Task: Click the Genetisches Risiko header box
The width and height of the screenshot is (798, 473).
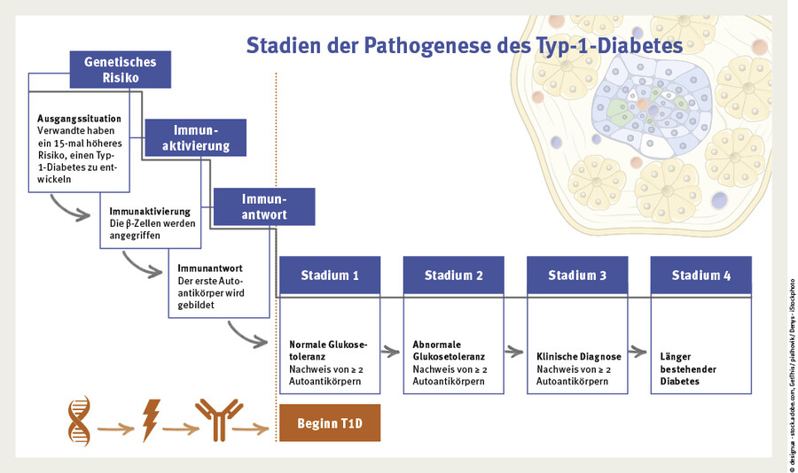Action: (x=121, y=70)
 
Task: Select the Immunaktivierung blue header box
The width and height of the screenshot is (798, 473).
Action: (x=195, y=137)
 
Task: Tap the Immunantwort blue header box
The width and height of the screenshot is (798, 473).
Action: (x=264, y=206)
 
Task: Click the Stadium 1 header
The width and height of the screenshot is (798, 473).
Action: (x=330, y=275)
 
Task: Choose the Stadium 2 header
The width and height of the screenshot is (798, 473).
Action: (x=454, y=275)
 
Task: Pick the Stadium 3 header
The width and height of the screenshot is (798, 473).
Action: (x=577, y=275)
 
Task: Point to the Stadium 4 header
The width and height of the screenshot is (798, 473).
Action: (x=700, y=275)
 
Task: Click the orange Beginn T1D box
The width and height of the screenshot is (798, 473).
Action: (x=330, y=423)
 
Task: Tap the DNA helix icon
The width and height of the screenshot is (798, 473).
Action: (x=81, y=421)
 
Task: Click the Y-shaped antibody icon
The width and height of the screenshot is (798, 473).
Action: (x=218, y=419)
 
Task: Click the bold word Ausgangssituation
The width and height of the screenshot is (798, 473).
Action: (x=79, y=118)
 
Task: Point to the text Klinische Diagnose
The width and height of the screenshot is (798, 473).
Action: (x=579, y=356)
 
